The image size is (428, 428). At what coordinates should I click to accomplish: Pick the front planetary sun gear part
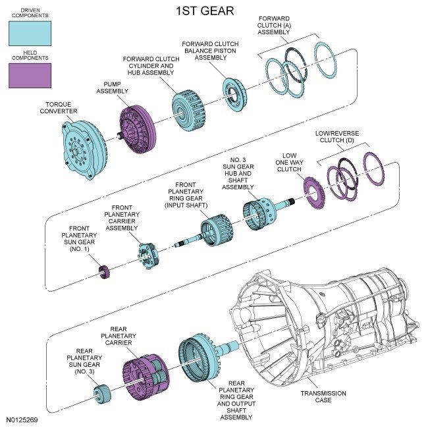click(x=103, y=273)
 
